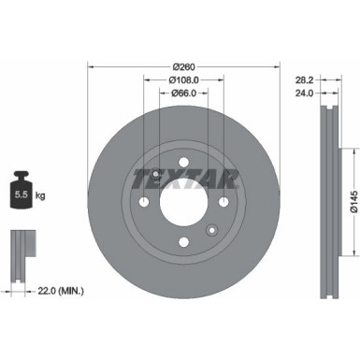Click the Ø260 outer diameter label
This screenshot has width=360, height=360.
tap(183, 66)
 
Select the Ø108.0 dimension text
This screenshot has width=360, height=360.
tap(183, 79)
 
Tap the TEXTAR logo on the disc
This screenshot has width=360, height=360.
tap(184, 177)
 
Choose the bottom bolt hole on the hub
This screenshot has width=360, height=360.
tap(183, 244)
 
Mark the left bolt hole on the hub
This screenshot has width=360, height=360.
tap(143, 205)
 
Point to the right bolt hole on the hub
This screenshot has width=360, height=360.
tap(223, 205)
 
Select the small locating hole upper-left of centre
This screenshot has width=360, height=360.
tap(155, 177)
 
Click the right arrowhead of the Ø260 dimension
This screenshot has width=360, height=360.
tap(277, 66)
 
